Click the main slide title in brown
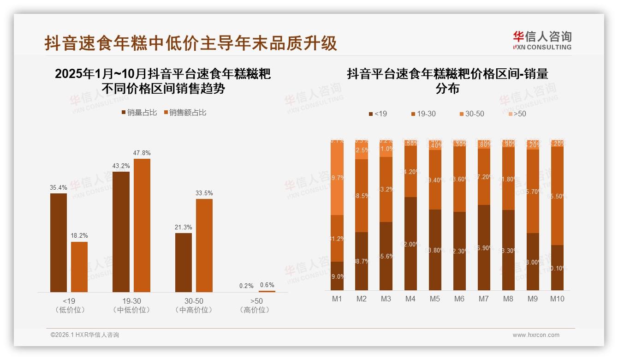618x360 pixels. [191, 43]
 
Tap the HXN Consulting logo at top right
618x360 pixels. [542, 41]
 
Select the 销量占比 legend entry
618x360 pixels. [139, 113]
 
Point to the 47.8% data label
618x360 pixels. [142, 153]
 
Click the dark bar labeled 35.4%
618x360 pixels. [59, 242]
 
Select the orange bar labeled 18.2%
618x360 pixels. [79, 267]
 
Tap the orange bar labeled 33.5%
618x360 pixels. [204, 245]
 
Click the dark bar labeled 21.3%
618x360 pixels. [184, 262]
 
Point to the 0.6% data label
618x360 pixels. [267, 285]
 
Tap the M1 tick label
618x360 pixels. [337, 299]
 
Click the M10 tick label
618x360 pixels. [557, 299]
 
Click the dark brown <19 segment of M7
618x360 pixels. [483, 247]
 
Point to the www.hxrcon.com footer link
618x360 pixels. [536, 335]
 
